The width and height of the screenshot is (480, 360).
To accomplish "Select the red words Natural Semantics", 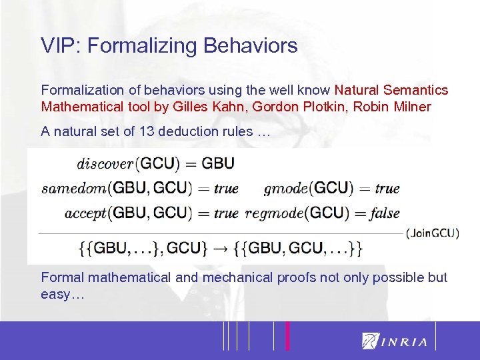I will pos(391,89).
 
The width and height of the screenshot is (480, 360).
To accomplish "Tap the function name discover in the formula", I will pos(105,164).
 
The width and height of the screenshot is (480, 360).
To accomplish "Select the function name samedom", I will pos(74,189).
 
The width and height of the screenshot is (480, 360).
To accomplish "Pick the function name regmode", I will pos(274,213).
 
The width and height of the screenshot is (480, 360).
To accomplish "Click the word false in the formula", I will pos(386,213).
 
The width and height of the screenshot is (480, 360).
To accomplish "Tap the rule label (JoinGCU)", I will pos(432,233).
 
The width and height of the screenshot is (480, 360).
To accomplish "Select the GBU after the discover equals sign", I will pos(218,163).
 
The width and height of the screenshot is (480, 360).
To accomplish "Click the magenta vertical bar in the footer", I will pos(287,335).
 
